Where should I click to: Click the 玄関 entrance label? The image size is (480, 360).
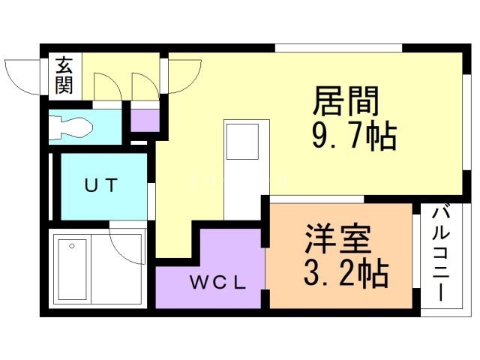coord(63,75)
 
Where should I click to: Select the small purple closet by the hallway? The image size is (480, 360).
coord(145,120)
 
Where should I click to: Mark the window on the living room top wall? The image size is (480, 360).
coord(338,49)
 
